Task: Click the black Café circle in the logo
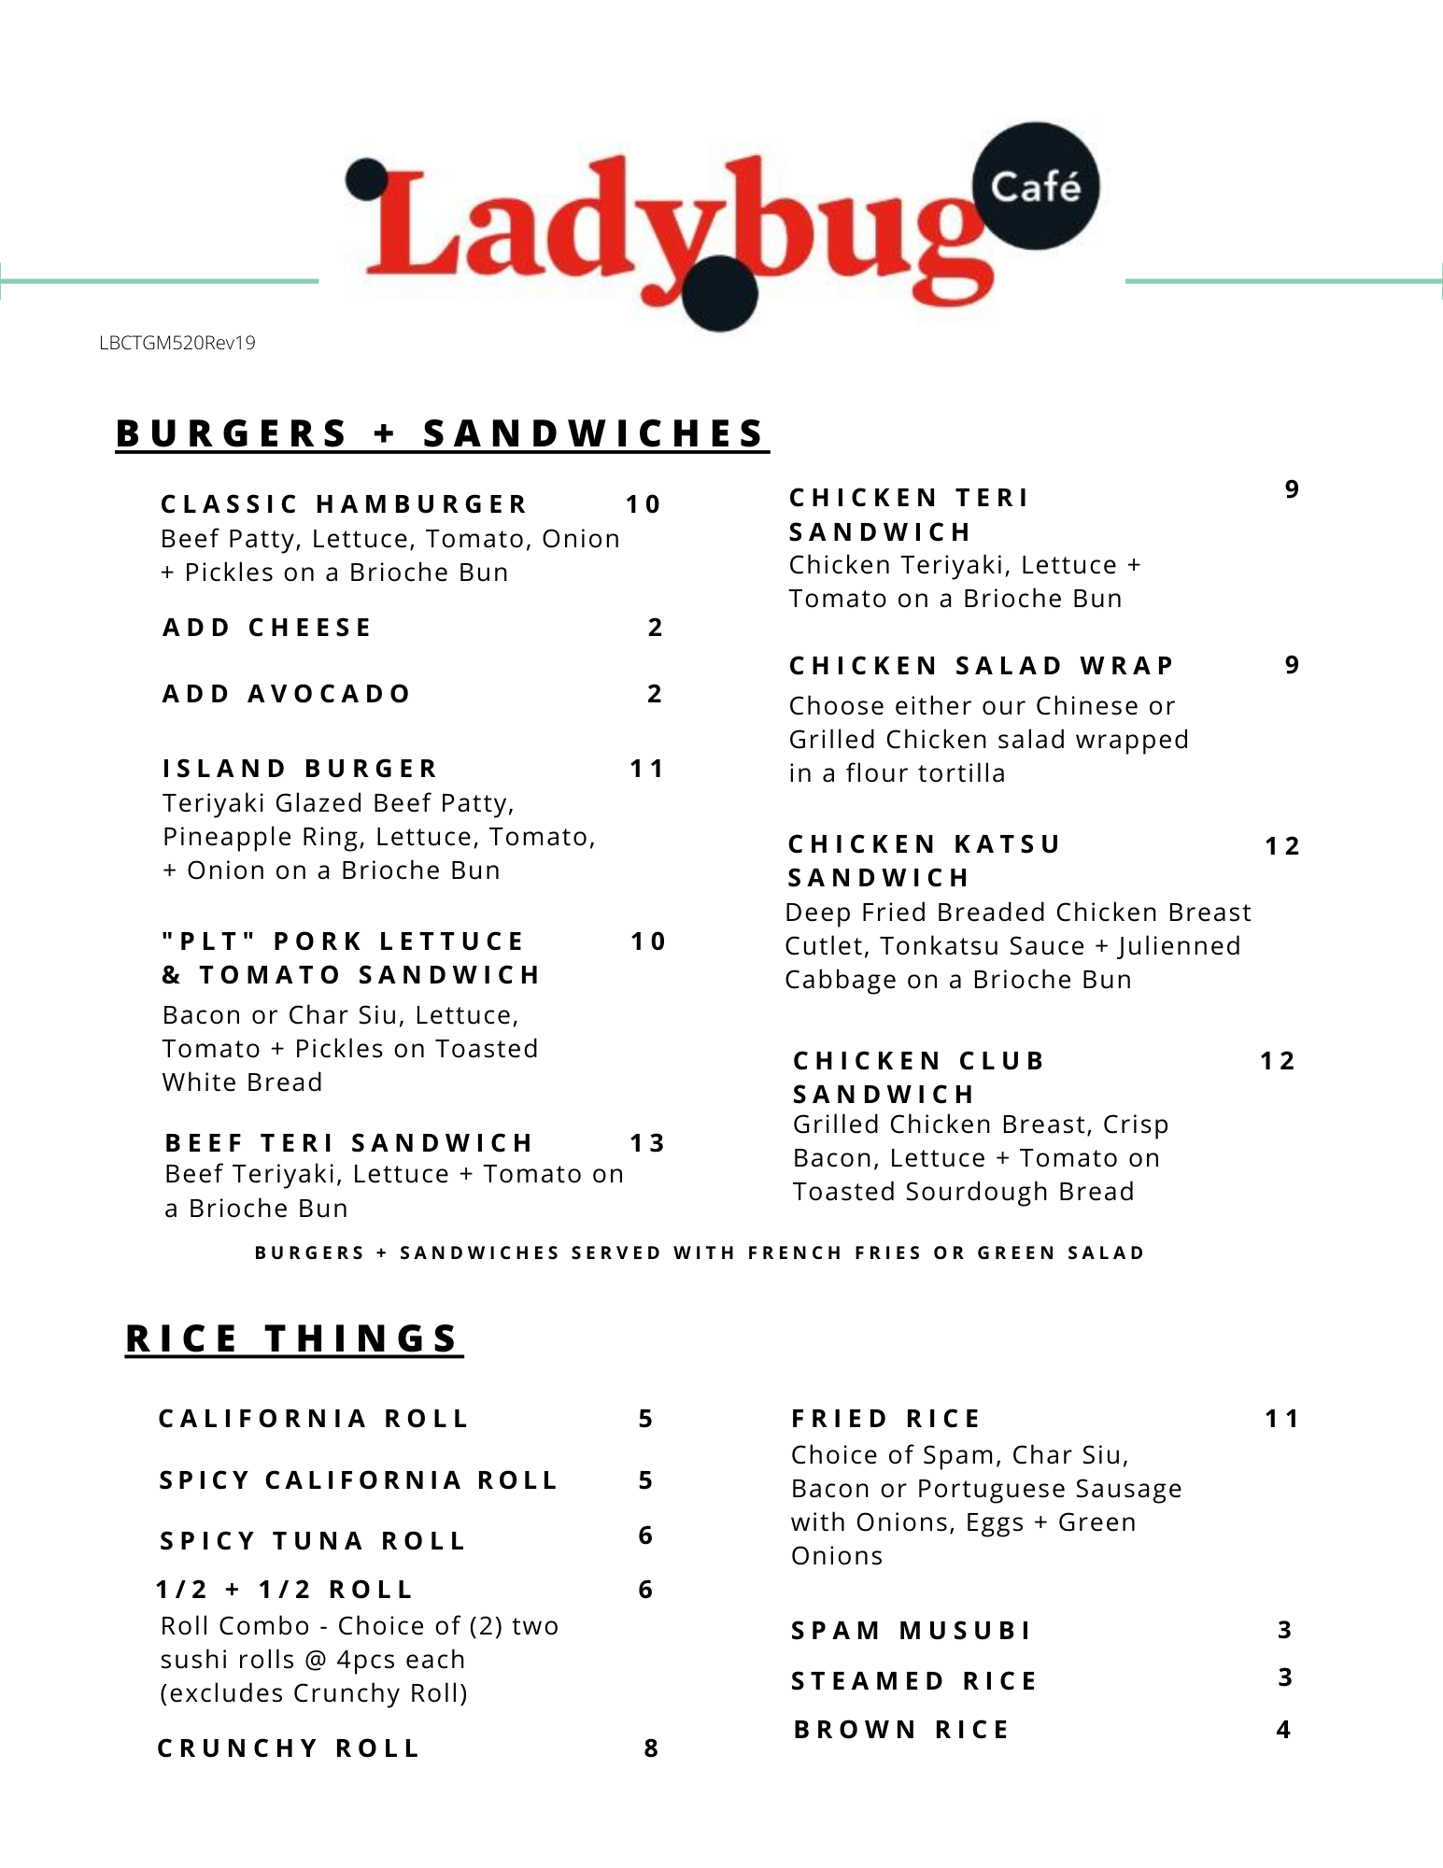[x=1035, y=187]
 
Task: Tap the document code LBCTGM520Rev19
[x=177, y=343]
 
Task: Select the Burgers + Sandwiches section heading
[x=441, y=433]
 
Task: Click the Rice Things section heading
[x=293, y=1338]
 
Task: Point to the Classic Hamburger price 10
[x=644, y=504]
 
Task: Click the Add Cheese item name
[x=268, y=628]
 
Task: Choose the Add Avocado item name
[x=287, y=694]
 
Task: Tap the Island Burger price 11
[x=646, y=769]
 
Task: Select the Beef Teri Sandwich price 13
[x=647, y=1143]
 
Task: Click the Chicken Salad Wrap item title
[x=982, y=666]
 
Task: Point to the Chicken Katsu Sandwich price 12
[x=1282, y=846]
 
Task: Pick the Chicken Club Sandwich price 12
[x=1278, y=1061]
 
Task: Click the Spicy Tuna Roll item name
[x=313, y=1541]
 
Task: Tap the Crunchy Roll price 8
[x=651, y=1748]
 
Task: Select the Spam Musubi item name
[x=912, y=1631]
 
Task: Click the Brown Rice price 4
[x=1283, y=1730]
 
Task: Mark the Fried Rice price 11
[x=1282, y=1419]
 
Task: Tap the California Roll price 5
[x=645, y=1419]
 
